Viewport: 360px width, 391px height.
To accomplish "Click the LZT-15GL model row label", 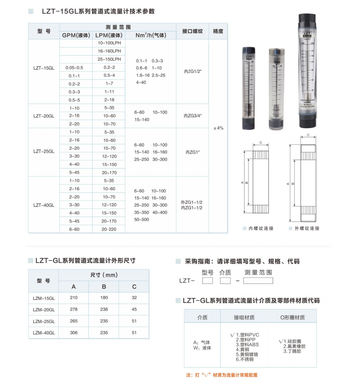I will (44, 68).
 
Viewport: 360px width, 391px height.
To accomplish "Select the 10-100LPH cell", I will (109, 43).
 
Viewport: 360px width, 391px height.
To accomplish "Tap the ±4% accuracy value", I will (218, 128).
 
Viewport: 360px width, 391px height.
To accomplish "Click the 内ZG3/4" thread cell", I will (192, 116).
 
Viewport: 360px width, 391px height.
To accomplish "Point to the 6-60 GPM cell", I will (74, 229).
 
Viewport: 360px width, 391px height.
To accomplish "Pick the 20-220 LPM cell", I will (109, 229).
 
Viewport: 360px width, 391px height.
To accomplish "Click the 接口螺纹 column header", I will (192, 31).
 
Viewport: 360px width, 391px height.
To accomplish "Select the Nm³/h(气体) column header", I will (151, 36).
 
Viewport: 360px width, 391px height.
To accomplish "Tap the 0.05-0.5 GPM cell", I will (74, 68).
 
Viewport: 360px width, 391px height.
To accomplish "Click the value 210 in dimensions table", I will (74, 298).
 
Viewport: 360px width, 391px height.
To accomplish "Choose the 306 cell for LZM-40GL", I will (74, 333).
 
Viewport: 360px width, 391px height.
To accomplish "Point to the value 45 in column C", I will (134, 309).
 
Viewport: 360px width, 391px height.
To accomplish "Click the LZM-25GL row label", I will (44, 321).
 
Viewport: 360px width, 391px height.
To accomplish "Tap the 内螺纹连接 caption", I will (261, 228).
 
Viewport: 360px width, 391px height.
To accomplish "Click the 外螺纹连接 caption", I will (306, 228).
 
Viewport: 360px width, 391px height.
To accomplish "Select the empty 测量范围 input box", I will (258, 281).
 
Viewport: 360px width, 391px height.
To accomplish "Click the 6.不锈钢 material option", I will (244, 359).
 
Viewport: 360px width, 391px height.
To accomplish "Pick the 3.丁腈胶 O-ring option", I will (292, 351).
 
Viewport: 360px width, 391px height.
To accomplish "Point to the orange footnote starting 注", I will (222, 375).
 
